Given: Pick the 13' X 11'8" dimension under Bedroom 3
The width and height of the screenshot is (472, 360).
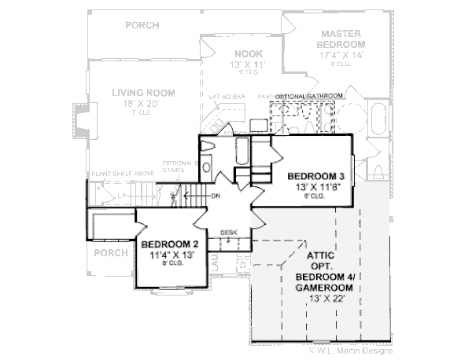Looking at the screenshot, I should tap(313, 187).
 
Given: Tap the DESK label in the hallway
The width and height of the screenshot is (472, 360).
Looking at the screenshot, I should tap(229, 233).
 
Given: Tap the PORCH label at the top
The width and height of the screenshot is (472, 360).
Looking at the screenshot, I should tap(142, 25).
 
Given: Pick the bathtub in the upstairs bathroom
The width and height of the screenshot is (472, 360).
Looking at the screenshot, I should tap(242, 149).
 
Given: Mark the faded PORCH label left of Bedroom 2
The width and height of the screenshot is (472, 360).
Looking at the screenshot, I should tap(115, 253).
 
